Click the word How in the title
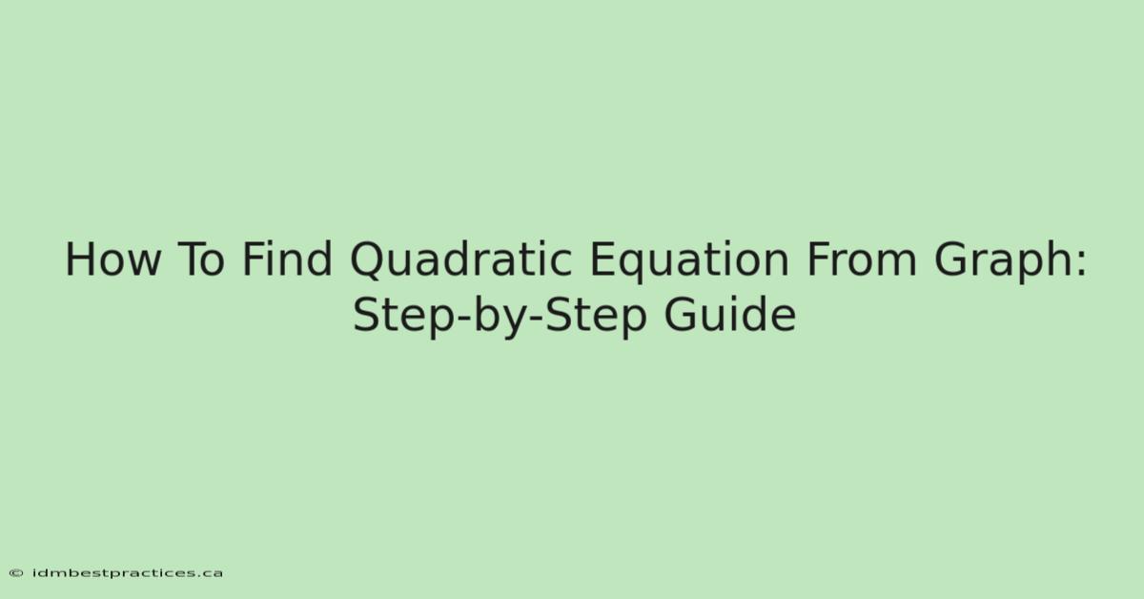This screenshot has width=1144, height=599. tap(112, 259)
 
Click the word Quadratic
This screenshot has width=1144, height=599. tap(460, 260)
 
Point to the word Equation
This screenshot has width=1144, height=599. tap(690, 261)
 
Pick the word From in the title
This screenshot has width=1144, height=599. tap(862, 259)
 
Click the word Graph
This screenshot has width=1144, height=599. tap(1003, 261)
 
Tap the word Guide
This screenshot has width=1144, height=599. tap(730, 315)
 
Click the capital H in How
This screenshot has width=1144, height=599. tap(80, 259)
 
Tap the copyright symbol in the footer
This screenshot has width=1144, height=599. tap(16, 573)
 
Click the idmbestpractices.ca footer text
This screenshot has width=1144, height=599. tap(128, 573)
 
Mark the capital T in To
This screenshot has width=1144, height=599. tap(189, 259)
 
